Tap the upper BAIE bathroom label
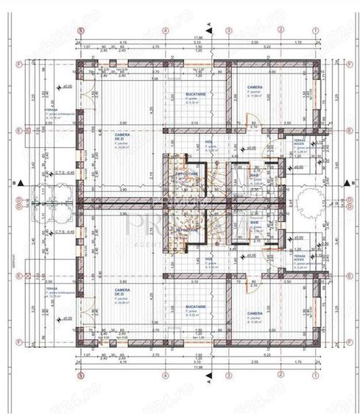pyautogui.click(x=254, y=176)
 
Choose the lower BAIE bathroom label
pyautogui.click(x=254, y=222)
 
